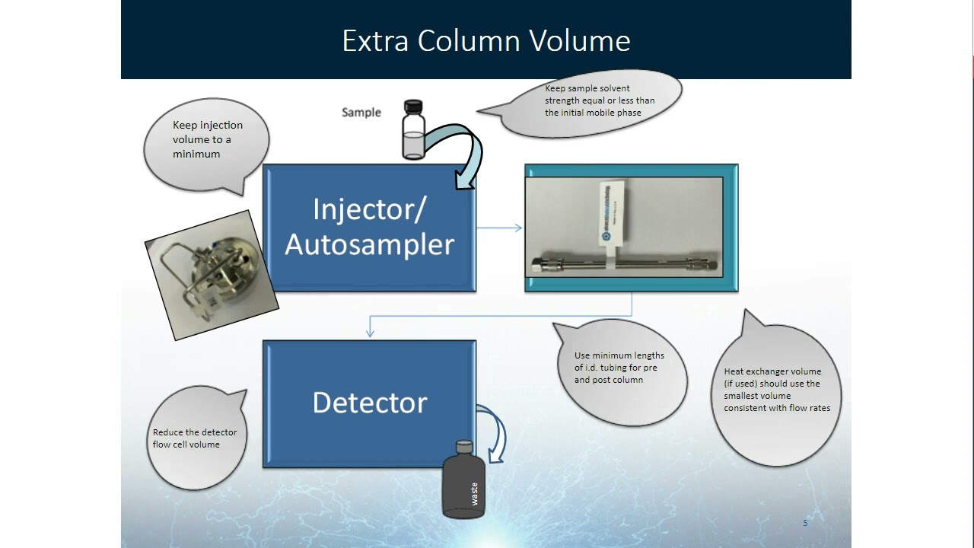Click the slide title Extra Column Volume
[486, 40]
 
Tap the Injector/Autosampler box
[369, 228]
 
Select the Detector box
[369, 403]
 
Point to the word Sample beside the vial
[361, 113]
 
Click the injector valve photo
[212, 275]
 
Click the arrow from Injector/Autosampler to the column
[499, 228]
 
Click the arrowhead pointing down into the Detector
[370, 332]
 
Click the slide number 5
[805, 523]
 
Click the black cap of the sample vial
[413, 106]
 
